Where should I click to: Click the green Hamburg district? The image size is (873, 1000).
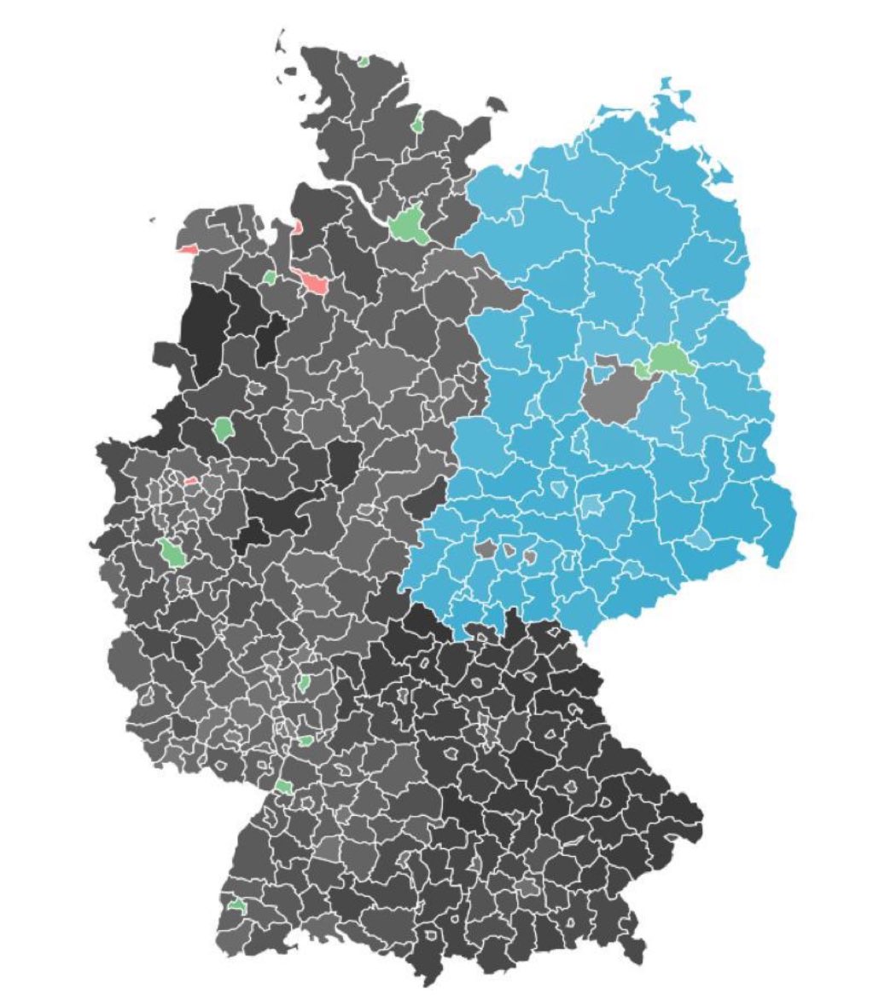410,224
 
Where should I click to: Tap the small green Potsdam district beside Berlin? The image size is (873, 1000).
643,368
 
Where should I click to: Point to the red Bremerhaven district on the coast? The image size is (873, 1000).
296,227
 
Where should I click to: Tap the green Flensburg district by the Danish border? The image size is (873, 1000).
364,61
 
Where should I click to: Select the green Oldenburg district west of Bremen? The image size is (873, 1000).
270,277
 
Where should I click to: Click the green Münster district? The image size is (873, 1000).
224,428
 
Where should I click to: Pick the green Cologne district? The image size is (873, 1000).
173,552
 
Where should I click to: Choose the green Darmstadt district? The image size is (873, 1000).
304,683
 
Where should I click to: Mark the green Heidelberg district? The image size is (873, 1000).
306,741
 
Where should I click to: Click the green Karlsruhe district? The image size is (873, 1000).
283,786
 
